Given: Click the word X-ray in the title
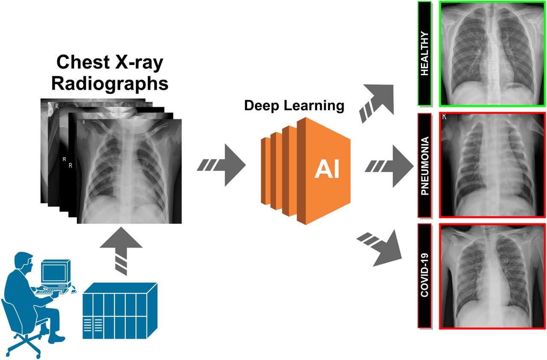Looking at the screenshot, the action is click(139, 62).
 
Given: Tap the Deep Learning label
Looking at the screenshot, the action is click(294, 105).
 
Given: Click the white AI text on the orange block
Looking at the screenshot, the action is click(327, 170).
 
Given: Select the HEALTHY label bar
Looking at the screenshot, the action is click(424, 54).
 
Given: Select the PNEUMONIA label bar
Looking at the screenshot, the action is click(424, 165).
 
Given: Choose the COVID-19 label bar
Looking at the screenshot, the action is click(424, 275).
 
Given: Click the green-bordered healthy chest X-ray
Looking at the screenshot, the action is click(493, 54).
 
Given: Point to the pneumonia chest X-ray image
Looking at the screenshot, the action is click(493, 165).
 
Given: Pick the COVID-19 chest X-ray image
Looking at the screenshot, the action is click(493, 276).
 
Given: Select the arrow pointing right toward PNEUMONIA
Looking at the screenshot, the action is click(389, 166).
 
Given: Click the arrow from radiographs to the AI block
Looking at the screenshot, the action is click(221, 165).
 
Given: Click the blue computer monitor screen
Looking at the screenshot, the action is click(54, 273).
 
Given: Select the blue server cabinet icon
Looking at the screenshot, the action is click(120, 311).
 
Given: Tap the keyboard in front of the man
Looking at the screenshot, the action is click(52, 291).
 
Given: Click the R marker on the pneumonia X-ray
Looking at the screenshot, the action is click(444, 117).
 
